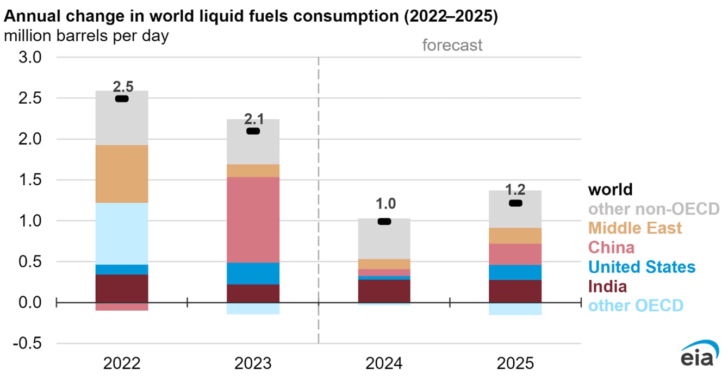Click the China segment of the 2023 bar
pyautogui.click(x=253, y=220)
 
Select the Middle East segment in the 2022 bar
pyautogui.click(x=122, y=174)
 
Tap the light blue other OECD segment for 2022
pyautogui.click(x=122, y=234)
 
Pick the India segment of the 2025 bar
pyautogui.click(x=515, y=291)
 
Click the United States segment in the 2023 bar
pyautogui.click(x=253, y=273)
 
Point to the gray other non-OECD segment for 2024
pyautogui.click(x=384, y=239)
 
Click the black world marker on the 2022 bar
pyautogui.click(x=122, y=99)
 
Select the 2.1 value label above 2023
pyautogui.click(x=253, y=118)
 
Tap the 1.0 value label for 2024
pyautogui.click(x=384, y=204)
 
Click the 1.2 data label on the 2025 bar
pyautogui.click(x=515, y=190)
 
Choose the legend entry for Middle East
pyautogui.click(x=635, y=228)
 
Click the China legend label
pyautogui.click(x=612, y=248)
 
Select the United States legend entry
pyautogui.click(x=642, y=267)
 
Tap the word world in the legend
pyautogui.click(x=611, y=189)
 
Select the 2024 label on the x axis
pyautogui.click(x=384, y=362)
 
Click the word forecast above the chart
pyautogui.click(x=452, y=45)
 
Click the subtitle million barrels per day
pyautogui.click(x=86, y=36)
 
